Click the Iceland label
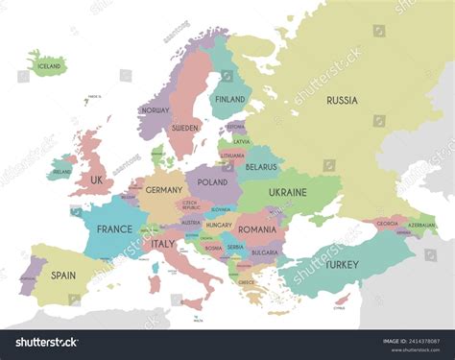pyautogui.click(x=49, y=66)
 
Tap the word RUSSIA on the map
pyautogui.click(x=343, y=100)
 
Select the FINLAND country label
pyautogui.click(x=230, y=99)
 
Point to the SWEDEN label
pyautogui.click(x=184, y=127)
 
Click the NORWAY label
pyautogui.click(x=155, y=110)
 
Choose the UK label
pyautogui.click(x=97, y=180)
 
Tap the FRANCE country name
pyautogui.click(x=114, y=229)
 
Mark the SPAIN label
pyautogui.click(x=63, y=275)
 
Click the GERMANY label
pyautogui.click(x=163, y=191)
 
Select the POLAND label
pyautogui.click(x=212, y=181)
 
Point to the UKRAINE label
pyautogui.click(x=288, y=192)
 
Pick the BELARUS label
pyautogui.click(x=261, y=166)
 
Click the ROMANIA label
pyautogui.click(x=257, y=230)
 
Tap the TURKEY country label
pyautogui.click(x=342, y=264)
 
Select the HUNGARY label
pyautogui.click(x=219, y=225)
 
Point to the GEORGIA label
pyautogui.click(x=387, y=224)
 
